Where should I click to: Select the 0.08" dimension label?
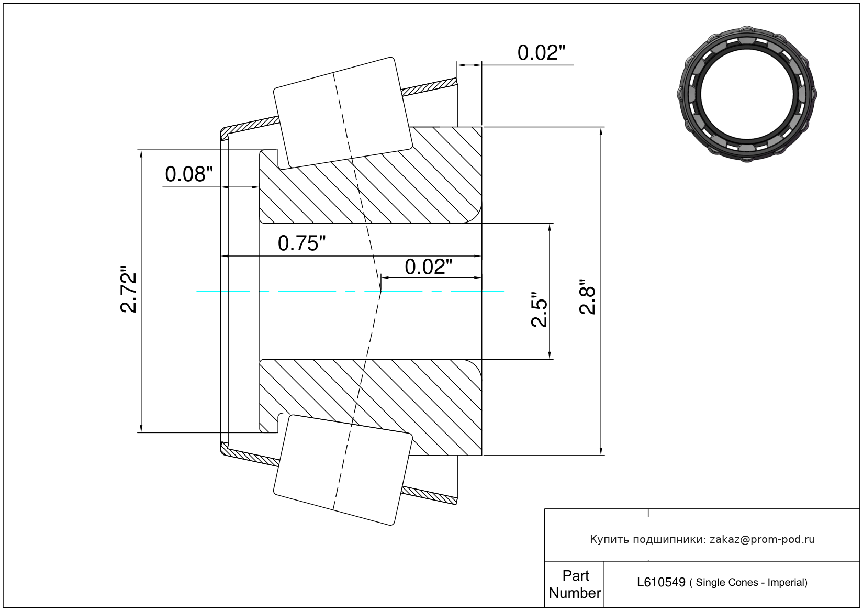tap(189, 174)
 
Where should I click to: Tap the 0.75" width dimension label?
tap(301, 243)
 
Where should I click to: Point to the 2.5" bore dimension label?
tap(539, 309)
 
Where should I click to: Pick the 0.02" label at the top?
tap(541, 53)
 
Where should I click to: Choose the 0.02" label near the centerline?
tap(428, 267)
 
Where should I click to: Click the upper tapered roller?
tap(343, 113)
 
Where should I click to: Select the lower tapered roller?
tap(343, 470)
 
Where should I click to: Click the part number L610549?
tap(661, 582)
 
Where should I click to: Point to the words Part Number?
tap(575, 584)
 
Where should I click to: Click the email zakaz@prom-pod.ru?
tap(762, 539)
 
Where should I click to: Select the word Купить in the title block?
tap(609, 539)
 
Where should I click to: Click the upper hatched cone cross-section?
tap(377, 188)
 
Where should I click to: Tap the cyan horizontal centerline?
tap(314, 291)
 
